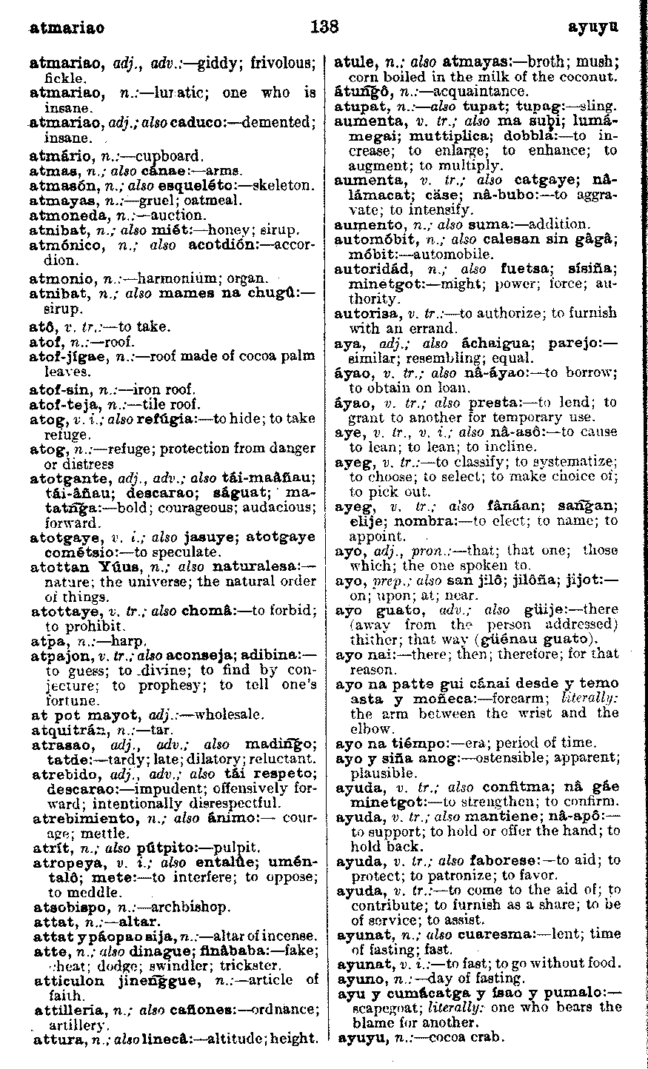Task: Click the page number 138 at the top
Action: click(324, 27)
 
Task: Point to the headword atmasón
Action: click(56, 186)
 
